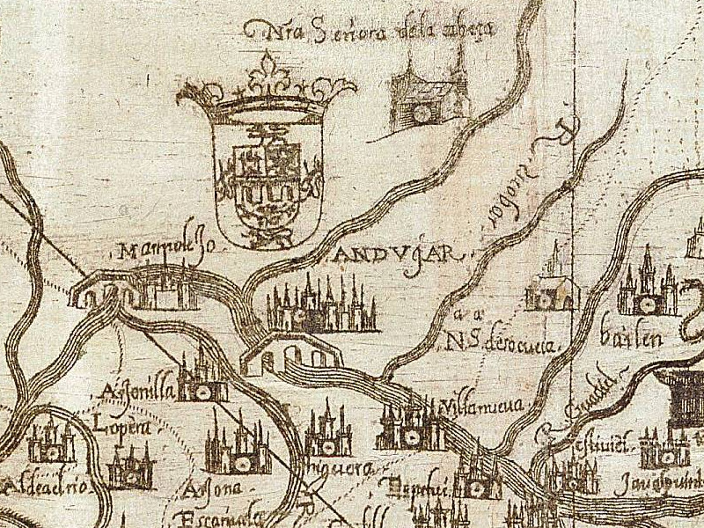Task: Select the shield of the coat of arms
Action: click(x=264, y=180)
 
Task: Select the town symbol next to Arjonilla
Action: click(x=202, y=378)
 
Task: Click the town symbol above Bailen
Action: click(x=648, y=286)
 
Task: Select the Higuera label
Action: click(x=328, y=467)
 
